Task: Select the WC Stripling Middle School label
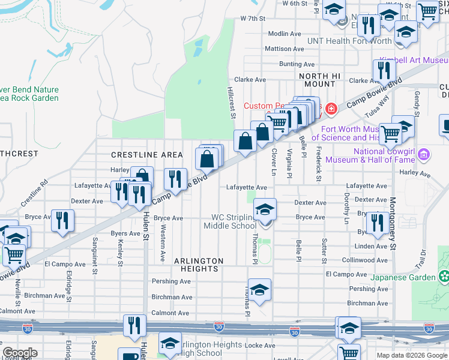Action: (x=230, y=221)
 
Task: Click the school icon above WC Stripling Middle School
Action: (x=264, y=210)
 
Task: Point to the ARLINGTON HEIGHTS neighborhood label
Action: (x=199, y=265)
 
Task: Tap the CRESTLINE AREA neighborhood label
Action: (x=146, y=155)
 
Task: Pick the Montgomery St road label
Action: (x=392, y=224)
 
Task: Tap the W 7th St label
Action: (x=253, y=19)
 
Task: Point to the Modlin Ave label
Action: (x=285, y=34)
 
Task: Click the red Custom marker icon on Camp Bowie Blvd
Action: (x=331, y=107)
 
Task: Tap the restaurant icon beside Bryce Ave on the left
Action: (x=62, y=221)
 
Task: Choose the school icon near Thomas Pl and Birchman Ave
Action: (x=259, y=290)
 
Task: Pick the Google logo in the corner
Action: (x=20, y=353)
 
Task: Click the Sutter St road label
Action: (x=324, y=251)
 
